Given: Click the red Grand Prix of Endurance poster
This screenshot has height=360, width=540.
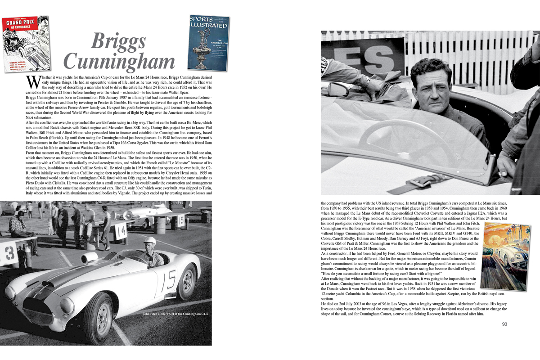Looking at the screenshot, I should pos(25,44).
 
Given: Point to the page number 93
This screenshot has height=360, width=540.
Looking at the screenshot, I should pos(504,324).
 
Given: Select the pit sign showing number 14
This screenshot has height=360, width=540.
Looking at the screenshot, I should pos(121,231).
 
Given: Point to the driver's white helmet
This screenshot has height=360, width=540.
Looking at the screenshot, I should pos(150,241).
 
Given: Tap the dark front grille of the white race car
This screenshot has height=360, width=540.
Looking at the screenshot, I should pos(37,309).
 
